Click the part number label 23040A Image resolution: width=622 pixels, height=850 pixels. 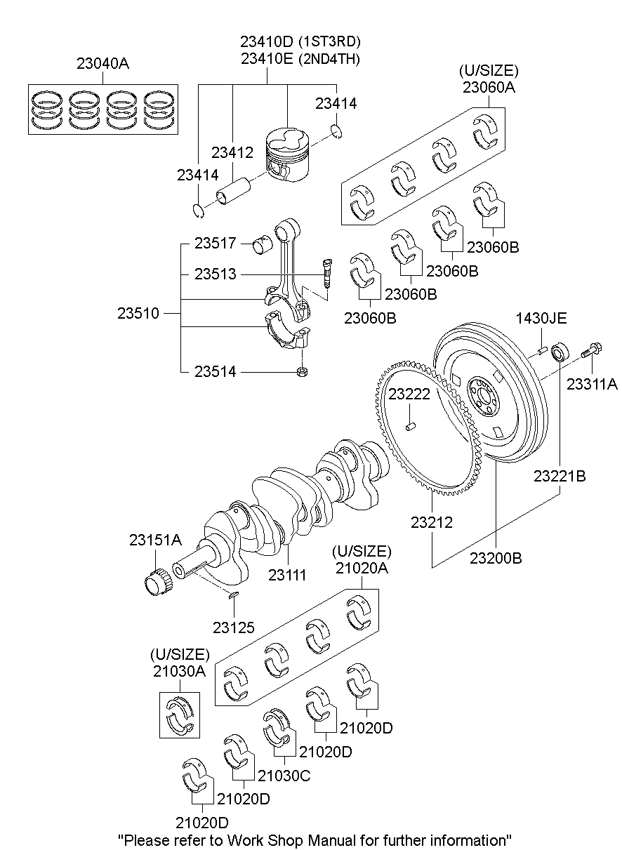point(102,63)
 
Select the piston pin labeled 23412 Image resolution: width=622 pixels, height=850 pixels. point(233,192)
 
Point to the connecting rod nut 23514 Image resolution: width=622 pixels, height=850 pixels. point(302,371)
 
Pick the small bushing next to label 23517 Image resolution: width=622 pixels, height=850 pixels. point(263,245)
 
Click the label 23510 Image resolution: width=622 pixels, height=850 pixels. point(138,313)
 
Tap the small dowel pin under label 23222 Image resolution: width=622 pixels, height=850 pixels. point(411,427)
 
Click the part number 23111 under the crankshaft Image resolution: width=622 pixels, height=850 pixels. point(287,576)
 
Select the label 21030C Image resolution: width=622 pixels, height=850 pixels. point(284,776)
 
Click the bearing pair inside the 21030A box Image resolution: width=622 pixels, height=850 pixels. point(180,715)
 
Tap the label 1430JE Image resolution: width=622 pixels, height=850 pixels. point(541,319)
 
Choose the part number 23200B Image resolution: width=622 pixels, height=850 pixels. point(496,558)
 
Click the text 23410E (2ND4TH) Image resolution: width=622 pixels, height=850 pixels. point(300,59)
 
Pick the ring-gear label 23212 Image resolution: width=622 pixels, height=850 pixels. point(432,522)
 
